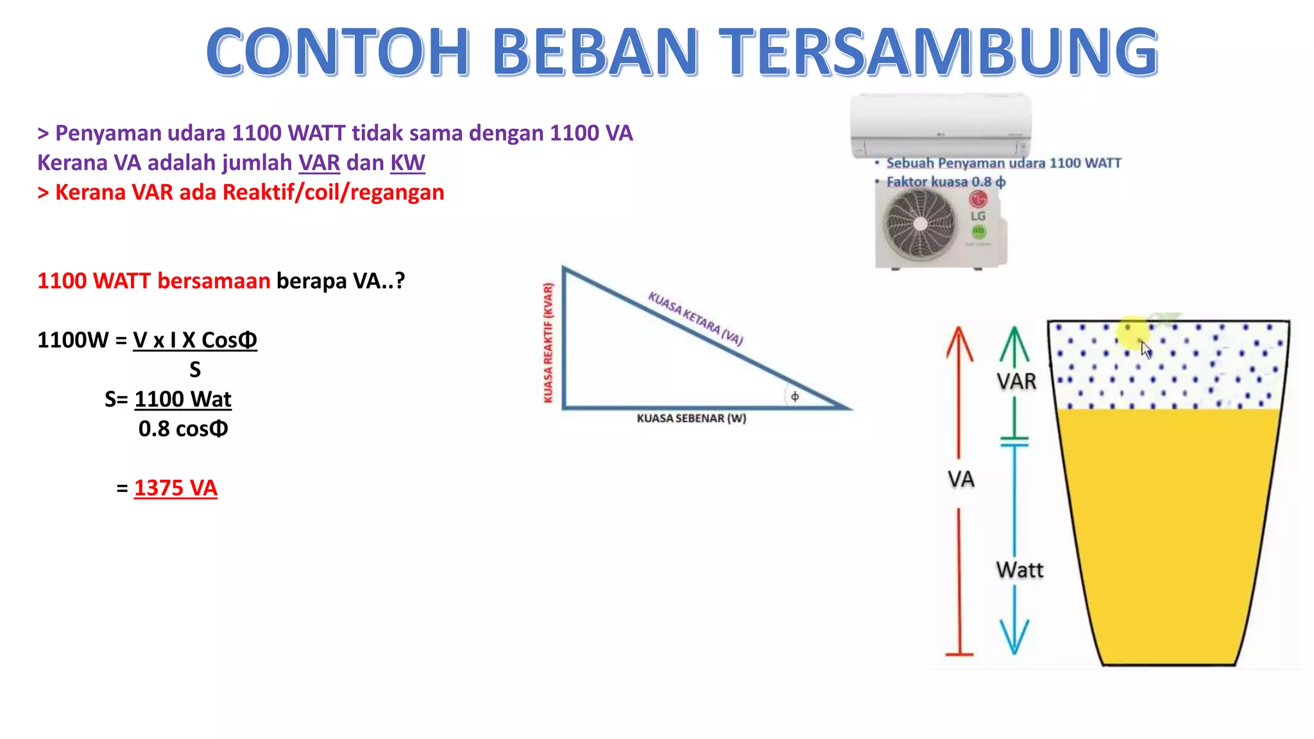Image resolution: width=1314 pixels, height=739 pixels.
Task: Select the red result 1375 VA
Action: click(175, 488)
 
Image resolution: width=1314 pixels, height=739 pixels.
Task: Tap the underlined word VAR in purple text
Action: click(319, 163)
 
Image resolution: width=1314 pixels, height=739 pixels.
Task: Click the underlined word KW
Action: click(407, 163)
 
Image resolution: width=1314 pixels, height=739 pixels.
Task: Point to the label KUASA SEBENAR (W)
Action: click(691, 418)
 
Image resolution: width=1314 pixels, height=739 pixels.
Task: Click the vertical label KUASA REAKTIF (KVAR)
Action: click(548, 343)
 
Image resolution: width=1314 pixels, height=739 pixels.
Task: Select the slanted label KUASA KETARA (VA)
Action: click(695, 318)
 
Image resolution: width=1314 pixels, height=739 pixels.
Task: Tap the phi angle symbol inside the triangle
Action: click(795, 396)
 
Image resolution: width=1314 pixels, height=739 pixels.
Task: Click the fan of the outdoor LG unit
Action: click(920, 224)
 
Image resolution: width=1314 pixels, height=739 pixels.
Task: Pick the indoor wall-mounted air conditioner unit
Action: click(941, 125)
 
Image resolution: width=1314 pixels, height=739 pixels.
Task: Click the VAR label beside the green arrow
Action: click(1016, 382)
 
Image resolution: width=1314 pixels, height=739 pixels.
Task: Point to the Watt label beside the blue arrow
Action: click(1020, 570)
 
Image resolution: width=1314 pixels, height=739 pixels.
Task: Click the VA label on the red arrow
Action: click(960, 479)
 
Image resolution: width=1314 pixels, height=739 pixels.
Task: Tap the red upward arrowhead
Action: click(959, 343)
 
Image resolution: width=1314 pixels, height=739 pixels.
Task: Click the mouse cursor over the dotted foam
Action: click(1146, 350)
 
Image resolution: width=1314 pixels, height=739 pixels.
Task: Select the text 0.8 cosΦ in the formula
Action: click(183, 429)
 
